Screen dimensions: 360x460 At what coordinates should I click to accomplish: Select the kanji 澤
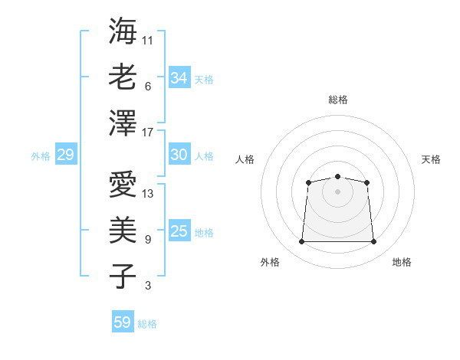pyautogui.click(x=123, y=123)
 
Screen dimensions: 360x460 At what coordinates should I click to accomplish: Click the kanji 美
pyautogui.click(x=123, y=230)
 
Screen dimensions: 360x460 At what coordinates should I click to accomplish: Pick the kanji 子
pyautogui.click(x=123, y=276)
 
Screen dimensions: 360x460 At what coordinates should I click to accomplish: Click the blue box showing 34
pyautogui.click(x=179, y=78)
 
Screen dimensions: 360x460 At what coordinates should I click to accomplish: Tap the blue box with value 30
pyautogui.click(x=179, y=155)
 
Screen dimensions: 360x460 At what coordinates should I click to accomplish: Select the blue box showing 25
pyautogui.click(x=179, y=231)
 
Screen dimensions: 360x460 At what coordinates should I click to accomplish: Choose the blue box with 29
pyautogui.click(x=65, y=155)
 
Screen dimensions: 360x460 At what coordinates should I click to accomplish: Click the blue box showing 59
pyautogui.click(x=122, y=322)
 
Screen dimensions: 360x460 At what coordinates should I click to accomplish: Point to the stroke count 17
pyautogui.click(x=149, y=133)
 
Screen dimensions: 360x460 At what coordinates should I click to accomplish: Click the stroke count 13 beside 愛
pyautogui.click(x=149, y=193)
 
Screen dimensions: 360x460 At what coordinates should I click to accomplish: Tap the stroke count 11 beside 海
pyautogui.click(x=149, y=40)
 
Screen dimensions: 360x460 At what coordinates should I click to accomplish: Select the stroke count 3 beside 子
pyautogui.click(x=148, y=286)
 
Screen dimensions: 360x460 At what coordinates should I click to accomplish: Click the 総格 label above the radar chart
pyautogui.click(x=337, y=100)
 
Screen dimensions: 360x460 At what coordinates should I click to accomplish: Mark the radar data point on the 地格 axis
pyautogui.click(x=374, y=242)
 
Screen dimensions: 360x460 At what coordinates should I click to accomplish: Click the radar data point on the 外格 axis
pyautogui.click(x=301, y=242)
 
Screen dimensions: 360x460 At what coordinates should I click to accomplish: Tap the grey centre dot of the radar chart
pyautogui.click(x=337, y=191)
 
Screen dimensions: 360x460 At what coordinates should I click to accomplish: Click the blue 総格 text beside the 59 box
pyautogui.click(x=147, y=324)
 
